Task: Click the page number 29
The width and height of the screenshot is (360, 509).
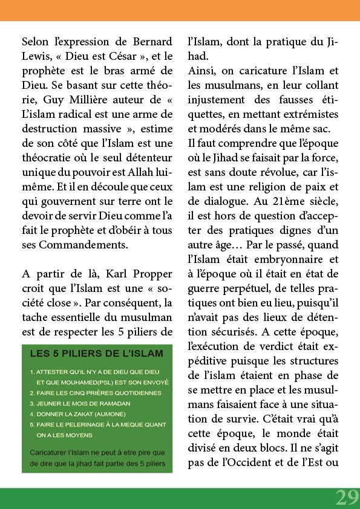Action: pos(347,497)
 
